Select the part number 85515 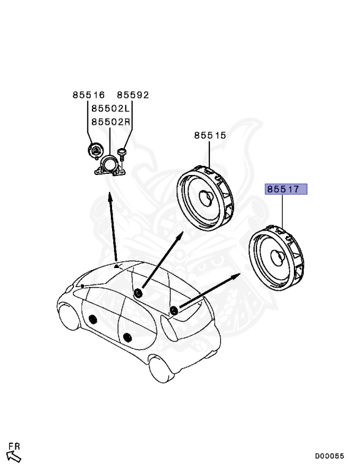pos(210,135)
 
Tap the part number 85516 pos(89,95)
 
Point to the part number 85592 pos(133,95)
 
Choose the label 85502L pos(111,108)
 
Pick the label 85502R pos(111,121)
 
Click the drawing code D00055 pos(329,455)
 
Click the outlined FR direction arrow pos(13,456)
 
